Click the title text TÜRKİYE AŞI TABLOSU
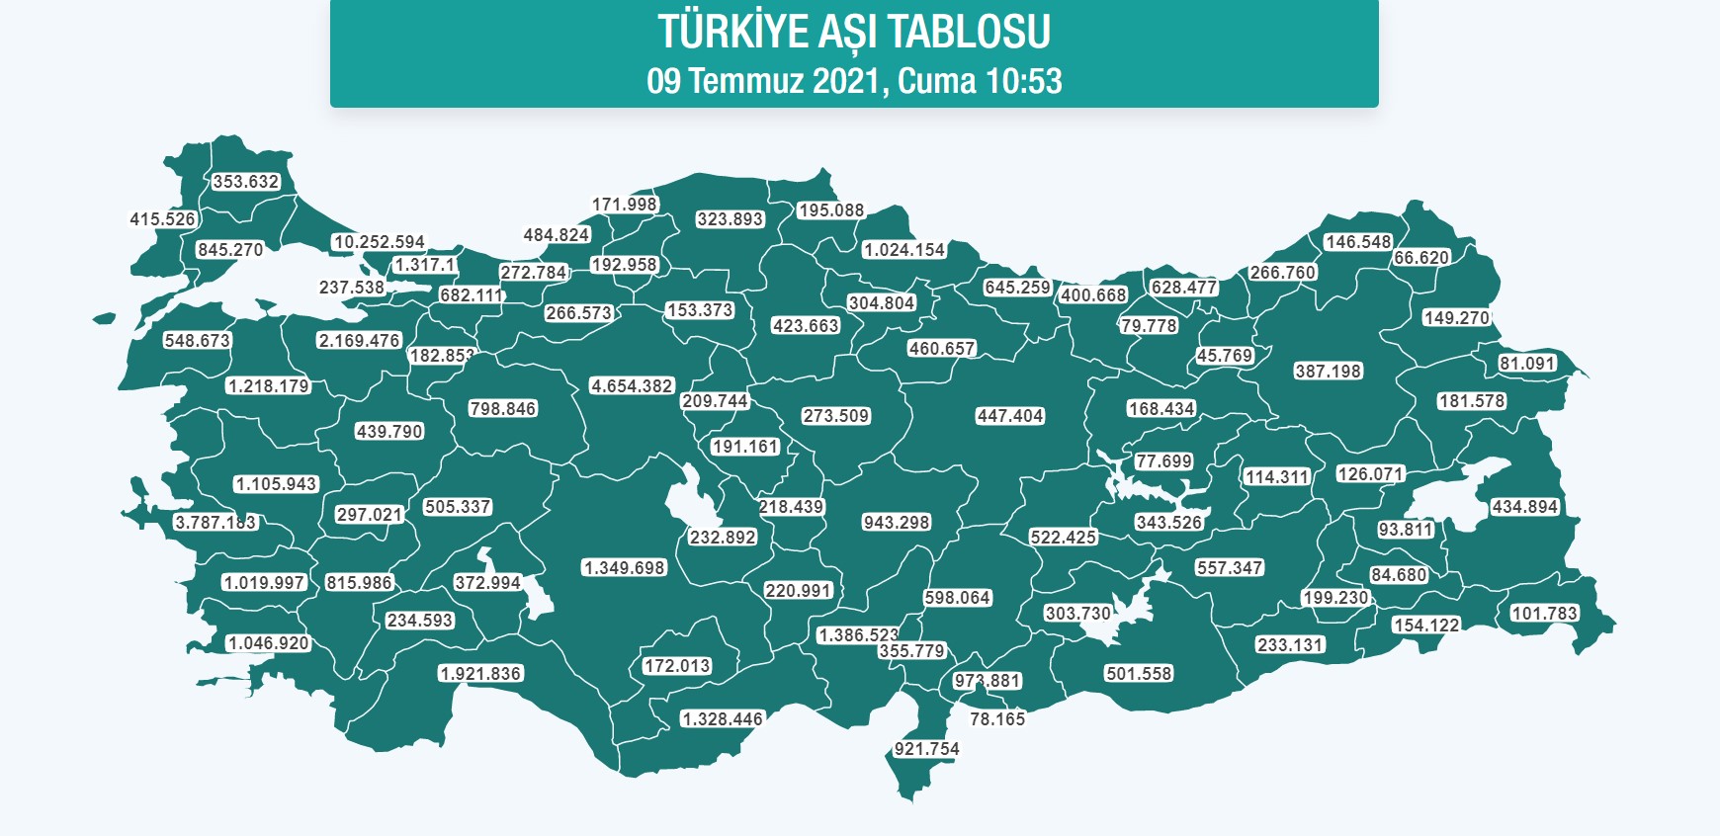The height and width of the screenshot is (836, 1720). point(854,32)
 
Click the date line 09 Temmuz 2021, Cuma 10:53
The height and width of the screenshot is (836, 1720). point(854,81)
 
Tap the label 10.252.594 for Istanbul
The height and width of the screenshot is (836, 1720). point(379,242)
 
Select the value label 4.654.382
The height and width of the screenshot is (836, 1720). point(632,386)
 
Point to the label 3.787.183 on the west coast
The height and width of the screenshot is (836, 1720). point(215,523)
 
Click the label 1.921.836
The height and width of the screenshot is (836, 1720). point(480,674)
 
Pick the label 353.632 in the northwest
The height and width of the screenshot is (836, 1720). point(246,182)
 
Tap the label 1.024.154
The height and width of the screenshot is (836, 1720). point(903,250)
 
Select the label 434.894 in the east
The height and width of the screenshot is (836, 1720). point(1524,507)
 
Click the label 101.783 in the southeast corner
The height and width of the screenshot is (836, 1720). point(1544,614)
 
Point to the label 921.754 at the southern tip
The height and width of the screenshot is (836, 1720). point(926,749)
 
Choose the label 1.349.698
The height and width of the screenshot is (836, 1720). point(624,568)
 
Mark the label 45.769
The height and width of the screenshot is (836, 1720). point(1224,356)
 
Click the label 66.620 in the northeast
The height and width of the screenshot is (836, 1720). point(1420,258)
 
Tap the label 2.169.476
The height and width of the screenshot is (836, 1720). point(359,341)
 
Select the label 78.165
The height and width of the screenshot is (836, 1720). point(996,719)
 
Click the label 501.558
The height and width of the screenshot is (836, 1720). point(1139,674)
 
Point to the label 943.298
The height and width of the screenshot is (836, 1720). point(896,523)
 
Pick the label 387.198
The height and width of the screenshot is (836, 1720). point(1328,372)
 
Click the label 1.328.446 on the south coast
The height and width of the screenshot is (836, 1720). point(722,719)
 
